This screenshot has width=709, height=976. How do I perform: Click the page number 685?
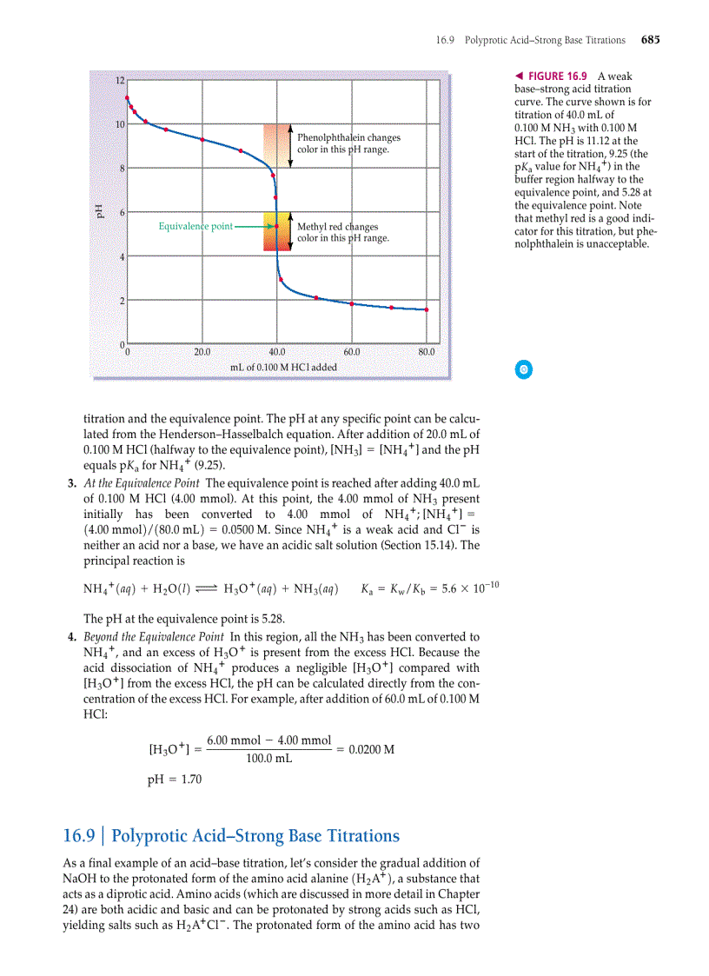[650, 40]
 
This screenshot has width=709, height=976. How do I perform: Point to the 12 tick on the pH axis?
[120, 81]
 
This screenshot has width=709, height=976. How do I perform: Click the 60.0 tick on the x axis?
[351, 352]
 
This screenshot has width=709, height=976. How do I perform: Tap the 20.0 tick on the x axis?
[202, 352]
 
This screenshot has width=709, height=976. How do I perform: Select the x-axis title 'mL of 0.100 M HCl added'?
[283, 367]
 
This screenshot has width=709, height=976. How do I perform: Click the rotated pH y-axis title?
[99, 210]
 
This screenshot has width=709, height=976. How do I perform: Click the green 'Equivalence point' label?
[195, 227]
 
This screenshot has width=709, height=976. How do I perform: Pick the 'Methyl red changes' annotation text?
[337, 227]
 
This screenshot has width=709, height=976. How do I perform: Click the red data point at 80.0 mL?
[427, 309]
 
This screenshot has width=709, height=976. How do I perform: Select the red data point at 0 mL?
[127, 98]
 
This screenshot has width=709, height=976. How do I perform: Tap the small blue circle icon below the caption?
[524, 369]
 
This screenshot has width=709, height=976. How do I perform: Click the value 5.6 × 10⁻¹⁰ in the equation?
[467, 589]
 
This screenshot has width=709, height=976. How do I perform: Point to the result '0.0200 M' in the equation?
[370, 749]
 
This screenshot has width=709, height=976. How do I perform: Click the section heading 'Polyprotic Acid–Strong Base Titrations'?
[255, 836]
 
